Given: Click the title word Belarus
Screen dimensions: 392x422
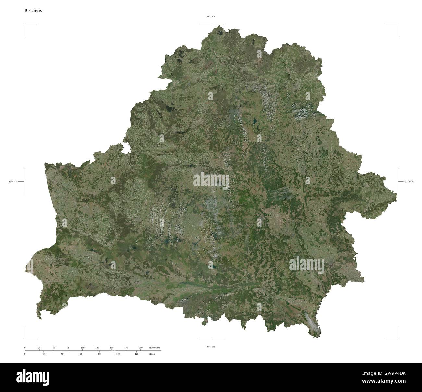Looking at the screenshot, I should tap(33, 11).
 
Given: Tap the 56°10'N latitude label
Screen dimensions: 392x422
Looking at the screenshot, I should tap(211, 16).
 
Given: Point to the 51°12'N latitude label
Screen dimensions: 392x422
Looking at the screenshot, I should tap(211, 347).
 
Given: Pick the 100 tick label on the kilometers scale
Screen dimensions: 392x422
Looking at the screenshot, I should tap(82, 348).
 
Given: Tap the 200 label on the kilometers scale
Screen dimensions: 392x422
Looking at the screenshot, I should tap(140, 348).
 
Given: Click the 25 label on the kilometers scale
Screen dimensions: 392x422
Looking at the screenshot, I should tap(39, 348).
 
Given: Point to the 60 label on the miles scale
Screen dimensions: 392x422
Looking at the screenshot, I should tap(81, 354).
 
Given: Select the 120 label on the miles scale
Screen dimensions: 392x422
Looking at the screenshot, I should tap(137, 354).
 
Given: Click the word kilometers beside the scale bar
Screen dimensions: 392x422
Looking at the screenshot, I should tap(154, 348).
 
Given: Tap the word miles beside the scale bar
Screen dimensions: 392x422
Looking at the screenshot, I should tap(152, 354).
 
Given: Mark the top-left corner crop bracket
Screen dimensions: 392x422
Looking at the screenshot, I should tap(25, 25).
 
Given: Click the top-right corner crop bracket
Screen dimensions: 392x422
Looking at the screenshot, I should tap(397, 25).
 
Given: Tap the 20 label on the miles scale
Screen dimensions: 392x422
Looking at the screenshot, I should tap(43, 354).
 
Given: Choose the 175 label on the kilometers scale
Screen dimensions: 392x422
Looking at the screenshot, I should tap(126, 348).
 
